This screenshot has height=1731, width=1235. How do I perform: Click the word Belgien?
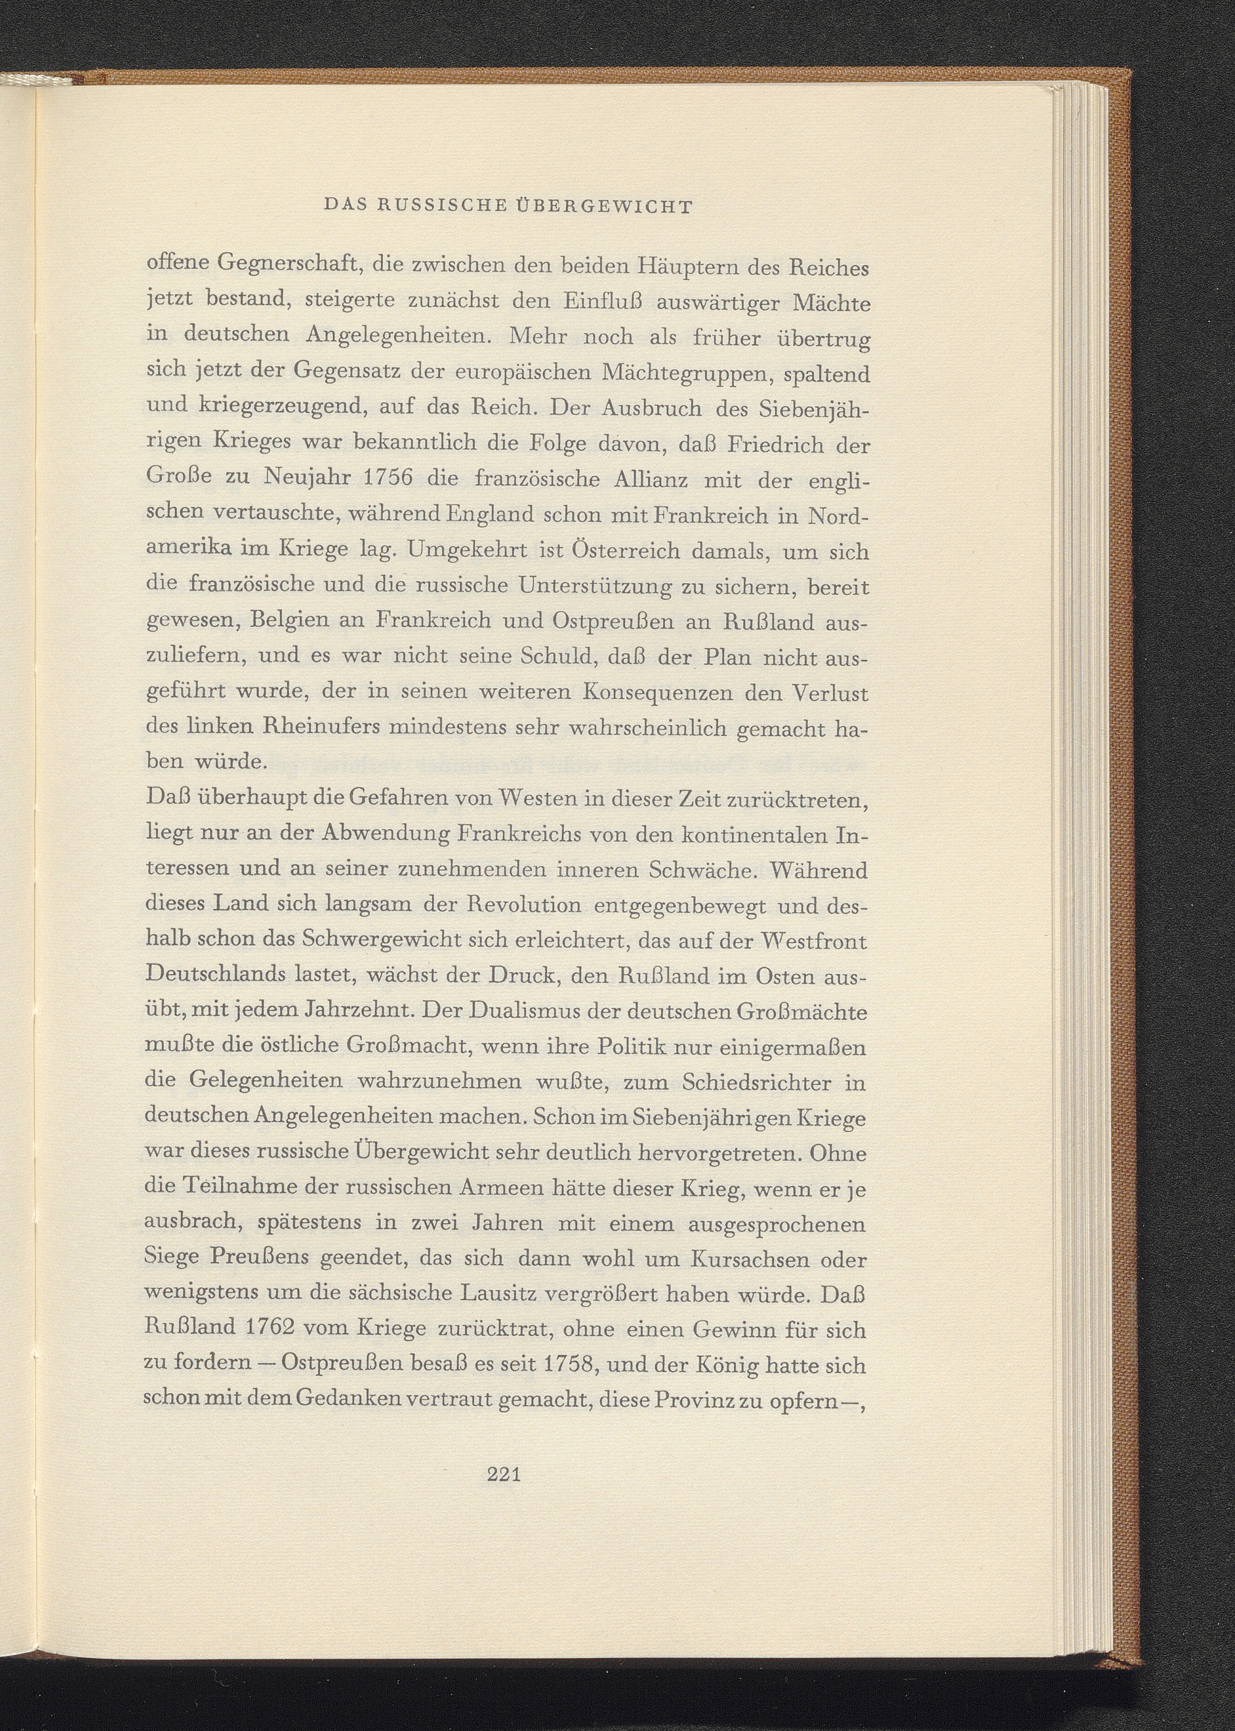[x=290, y=621]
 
